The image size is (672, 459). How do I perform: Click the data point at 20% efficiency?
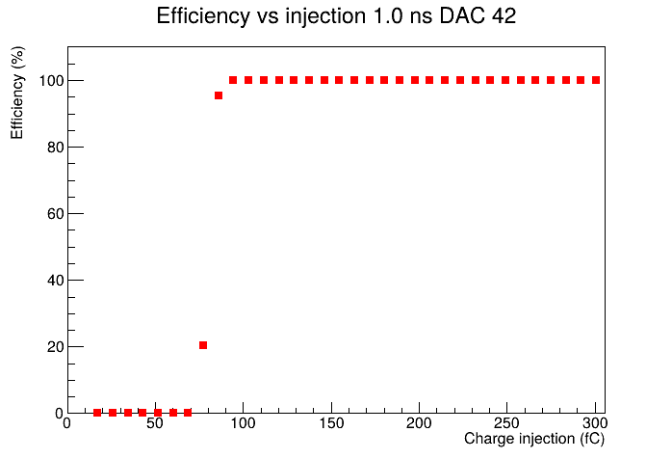(x=203, y=345)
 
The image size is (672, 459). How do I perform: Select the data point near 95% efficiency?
(x=219, y=95)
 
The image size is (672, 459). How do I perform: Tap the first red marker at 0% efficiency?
(x=97, y=413)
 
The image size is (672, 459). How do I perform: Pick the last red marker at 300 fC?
(x=596, y=80)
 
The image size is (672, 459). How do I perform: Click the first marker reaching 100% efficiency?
(x=233, y=80)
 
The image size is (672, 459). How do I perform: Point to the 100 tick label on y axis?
(x=51, y=81)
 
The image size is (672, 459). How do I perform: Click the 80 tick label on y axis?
(x=55, y=148)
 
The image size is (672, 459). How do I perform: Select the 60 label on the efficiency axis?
(x=55, y=214)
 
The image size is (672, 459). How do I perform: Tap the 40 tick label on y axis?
(x=55, y=281)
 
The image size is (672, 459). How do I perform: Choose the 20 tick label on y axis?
(x=55, y=347)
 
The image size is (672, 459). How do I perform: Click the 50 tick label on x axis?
(x=155, y=423)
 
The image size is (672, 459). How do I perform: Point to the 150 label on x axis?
(x=331, y=423)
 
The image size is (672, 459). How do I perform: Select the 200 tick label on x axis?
(x=419, y=423)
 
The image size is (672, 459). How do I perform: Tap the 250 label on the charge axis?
(x=507, y=423)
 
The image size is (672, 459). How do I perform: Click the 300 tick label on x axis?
(x=595, y=423)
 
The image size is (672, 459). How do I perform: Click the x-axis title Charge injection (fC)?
(x=534, y=439)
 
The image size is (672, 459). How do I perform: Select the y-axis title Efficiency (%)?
(x=17, y=93)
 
